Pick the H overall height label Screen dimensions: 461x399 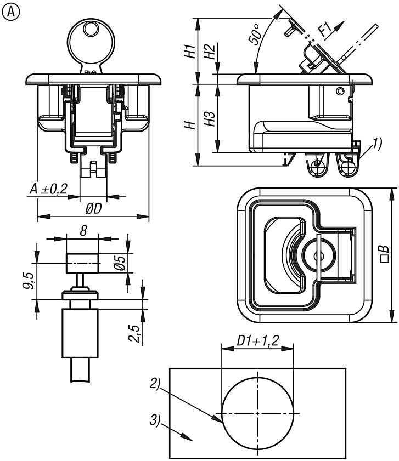click(x=190, y=125)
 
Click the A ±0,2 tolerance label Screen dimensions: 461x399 click(x=48, y=189)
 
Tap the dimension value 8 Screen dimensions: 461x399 click(x=82, y=231)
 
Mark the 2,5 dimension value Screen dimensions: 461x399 click(x=132, y=333)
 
